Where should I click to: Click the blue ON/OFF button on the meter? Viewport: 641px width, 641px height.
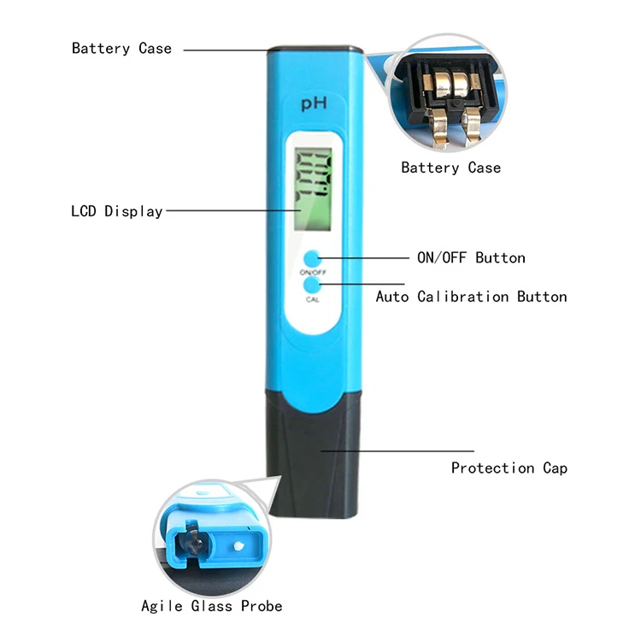(312, 257)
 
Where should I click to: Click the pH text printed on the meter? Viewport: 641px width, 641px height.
(310, 105)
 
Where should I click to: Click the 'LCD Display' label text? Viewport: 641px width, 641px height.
(116, 210)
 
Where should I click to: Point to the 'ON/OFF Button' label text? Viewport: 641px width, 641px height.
(470, 257)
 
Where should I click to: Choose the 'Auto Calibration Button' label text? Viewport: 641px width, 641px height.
(471, 297)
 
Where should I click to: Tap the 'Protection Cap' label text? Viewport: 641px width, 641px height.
(509, 468)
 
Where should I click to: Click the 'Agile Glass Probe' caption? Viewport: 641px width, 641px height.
(211, 606)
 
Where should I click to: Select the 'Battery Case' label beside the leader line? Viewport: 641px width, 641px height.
(121, 49)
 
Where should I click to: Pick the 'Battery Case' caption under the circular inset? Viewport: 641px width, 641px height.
(450, 168)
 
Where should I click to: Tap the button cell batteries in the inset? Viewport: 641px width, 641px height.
(450, 84)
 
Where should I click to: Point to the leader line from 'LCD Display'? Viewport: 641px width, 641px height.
(231, 210)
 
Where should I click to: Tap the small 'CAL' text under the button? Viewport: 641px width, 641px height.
(313, 299)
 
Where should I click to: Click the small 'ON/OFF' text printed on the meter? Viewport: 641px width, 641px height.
(313, 272)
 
